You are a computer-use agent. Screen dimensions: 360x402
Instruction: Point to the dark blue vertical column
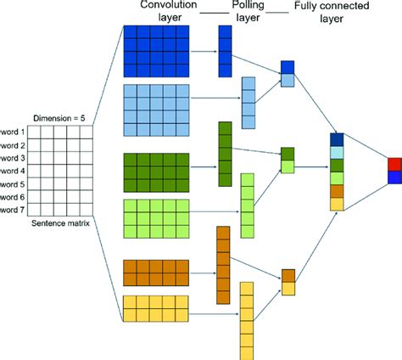tap(224, 51)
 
